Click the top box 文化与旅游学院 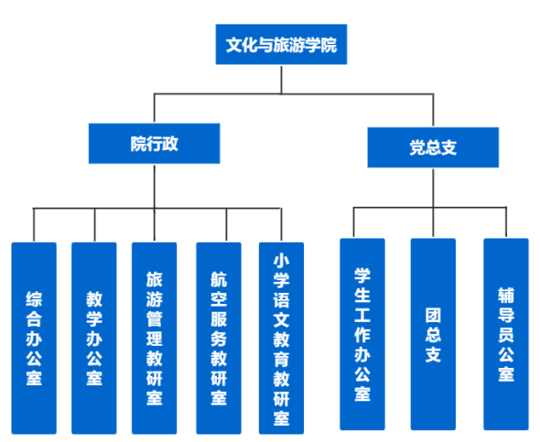tap(281, 44)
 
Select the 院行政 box tap(155, 143)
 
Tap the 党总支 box tap(433, 147)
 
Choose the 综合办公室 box tap(34, 338)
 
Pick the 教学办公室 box tap(94, 338)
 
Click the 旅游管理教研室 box tap(155, 338)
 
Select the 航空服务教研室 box tap(219, 338)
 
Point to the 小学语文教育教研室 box tap(281, 338)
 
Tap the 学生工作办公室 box tap(362, 334)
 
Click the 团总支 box tap(433, 334)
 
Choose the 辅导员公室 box tap(506, 334)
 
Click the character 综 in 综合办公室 tap(34, 299)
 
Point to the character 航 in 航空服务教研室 tap(219, 279)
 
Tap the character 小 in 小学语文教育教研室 tap(281, 261)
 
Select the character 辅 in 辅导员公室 tap(506, 295)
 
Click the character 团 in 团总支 tap(433, 315)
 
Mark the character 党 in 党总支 tap(417, 147)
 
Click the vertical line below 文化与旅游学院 tap(281, 80)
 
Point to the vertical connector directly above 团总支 tap(433, 222)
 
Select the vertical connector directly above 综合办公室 tap(34, 225)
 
